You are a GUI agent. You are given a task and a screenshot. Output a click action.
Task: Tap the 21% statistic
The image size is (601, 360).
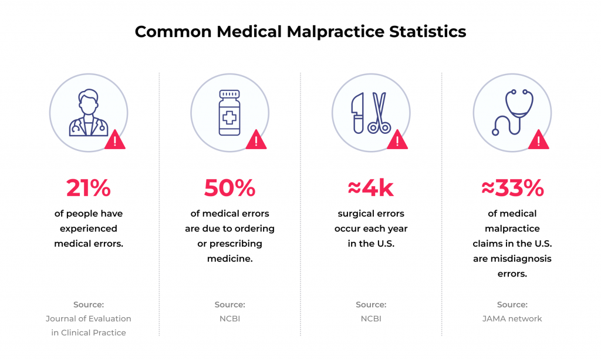click(x=89, y=188)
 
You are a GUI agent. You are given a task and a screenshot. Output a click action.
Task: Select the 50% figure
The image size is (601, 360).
click(x=229, y=188)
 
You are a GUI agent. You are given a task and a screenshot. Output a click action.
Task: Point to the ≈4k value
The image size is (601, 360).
click(x=371, y=188)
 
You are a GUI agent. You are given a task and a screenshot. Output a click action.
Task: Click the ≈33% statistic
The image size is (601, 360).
click(x=512, y=188)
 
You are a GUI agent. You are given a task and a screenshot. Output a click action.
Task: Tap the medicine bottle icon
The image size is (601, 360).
click(x=229, y=113)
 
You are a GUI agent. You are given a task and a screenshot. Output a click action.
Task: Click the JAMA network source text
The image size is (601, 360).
click(x=512, y=319)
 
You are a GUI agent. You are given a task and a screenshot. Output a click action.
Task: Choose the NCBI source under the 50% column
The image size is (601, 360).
click(x=229, y=319)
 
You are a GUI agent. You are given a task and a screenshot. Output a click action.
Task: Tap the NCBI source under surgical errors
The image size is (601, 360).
click(x=371, y=319)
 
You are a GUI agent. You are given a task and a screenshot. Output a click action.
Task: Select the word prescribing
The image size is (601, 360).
click(x=238, y=243)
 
